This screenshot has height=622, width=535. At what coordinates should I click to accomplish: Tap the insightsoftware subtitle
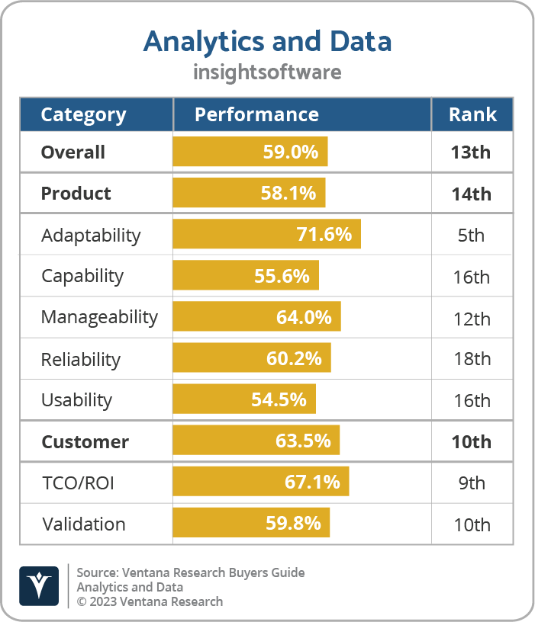point(267,72)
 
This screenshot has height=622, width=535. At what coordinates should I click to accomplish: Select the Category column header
point(83,114)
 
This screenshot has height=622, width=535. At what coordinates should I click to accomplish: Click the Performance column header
point(256,114)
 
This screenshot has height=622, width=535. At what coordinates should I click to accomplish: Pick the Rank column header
point(472,114)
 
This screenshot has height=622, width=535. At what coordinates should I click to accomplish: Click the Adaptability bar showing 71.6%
point(266,234)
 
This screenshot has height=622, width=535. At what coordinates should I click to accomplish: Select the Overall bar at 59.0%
point(250,152)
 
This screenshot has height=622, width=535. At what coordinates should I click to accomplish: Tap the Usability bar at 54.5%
point(244,399)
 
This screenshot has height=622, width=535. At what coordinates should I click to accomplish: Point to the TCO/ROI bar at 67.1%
point(261,482)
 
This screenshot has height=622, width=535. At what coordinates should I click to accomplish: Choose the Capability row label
point(82,276)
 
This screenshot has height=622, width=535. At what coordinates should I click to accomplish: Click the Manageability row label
point(99,317)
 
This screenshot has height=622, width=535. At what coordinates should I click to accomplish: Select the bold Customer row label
point(85,441)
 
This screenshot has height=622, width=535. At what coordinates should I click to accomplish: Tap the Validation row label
point(84,524)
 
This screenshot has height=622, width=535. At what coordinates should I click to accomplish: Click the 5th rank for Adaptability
point(471,235)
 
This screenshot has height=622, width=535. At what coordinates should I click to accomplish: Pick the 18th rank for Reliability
point(471,359)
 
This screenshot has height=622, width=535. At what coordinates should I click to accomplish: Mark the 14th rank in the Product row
point(471,194)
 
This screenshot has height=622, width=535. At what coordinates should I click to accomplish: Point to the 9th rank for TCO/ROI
point(471,483)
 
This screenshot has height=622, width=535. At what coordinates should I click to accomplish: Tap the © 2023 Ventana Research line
point(150,601)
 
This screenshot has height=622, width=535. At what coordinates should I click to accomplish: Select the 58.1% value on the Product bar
point(288,194)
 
